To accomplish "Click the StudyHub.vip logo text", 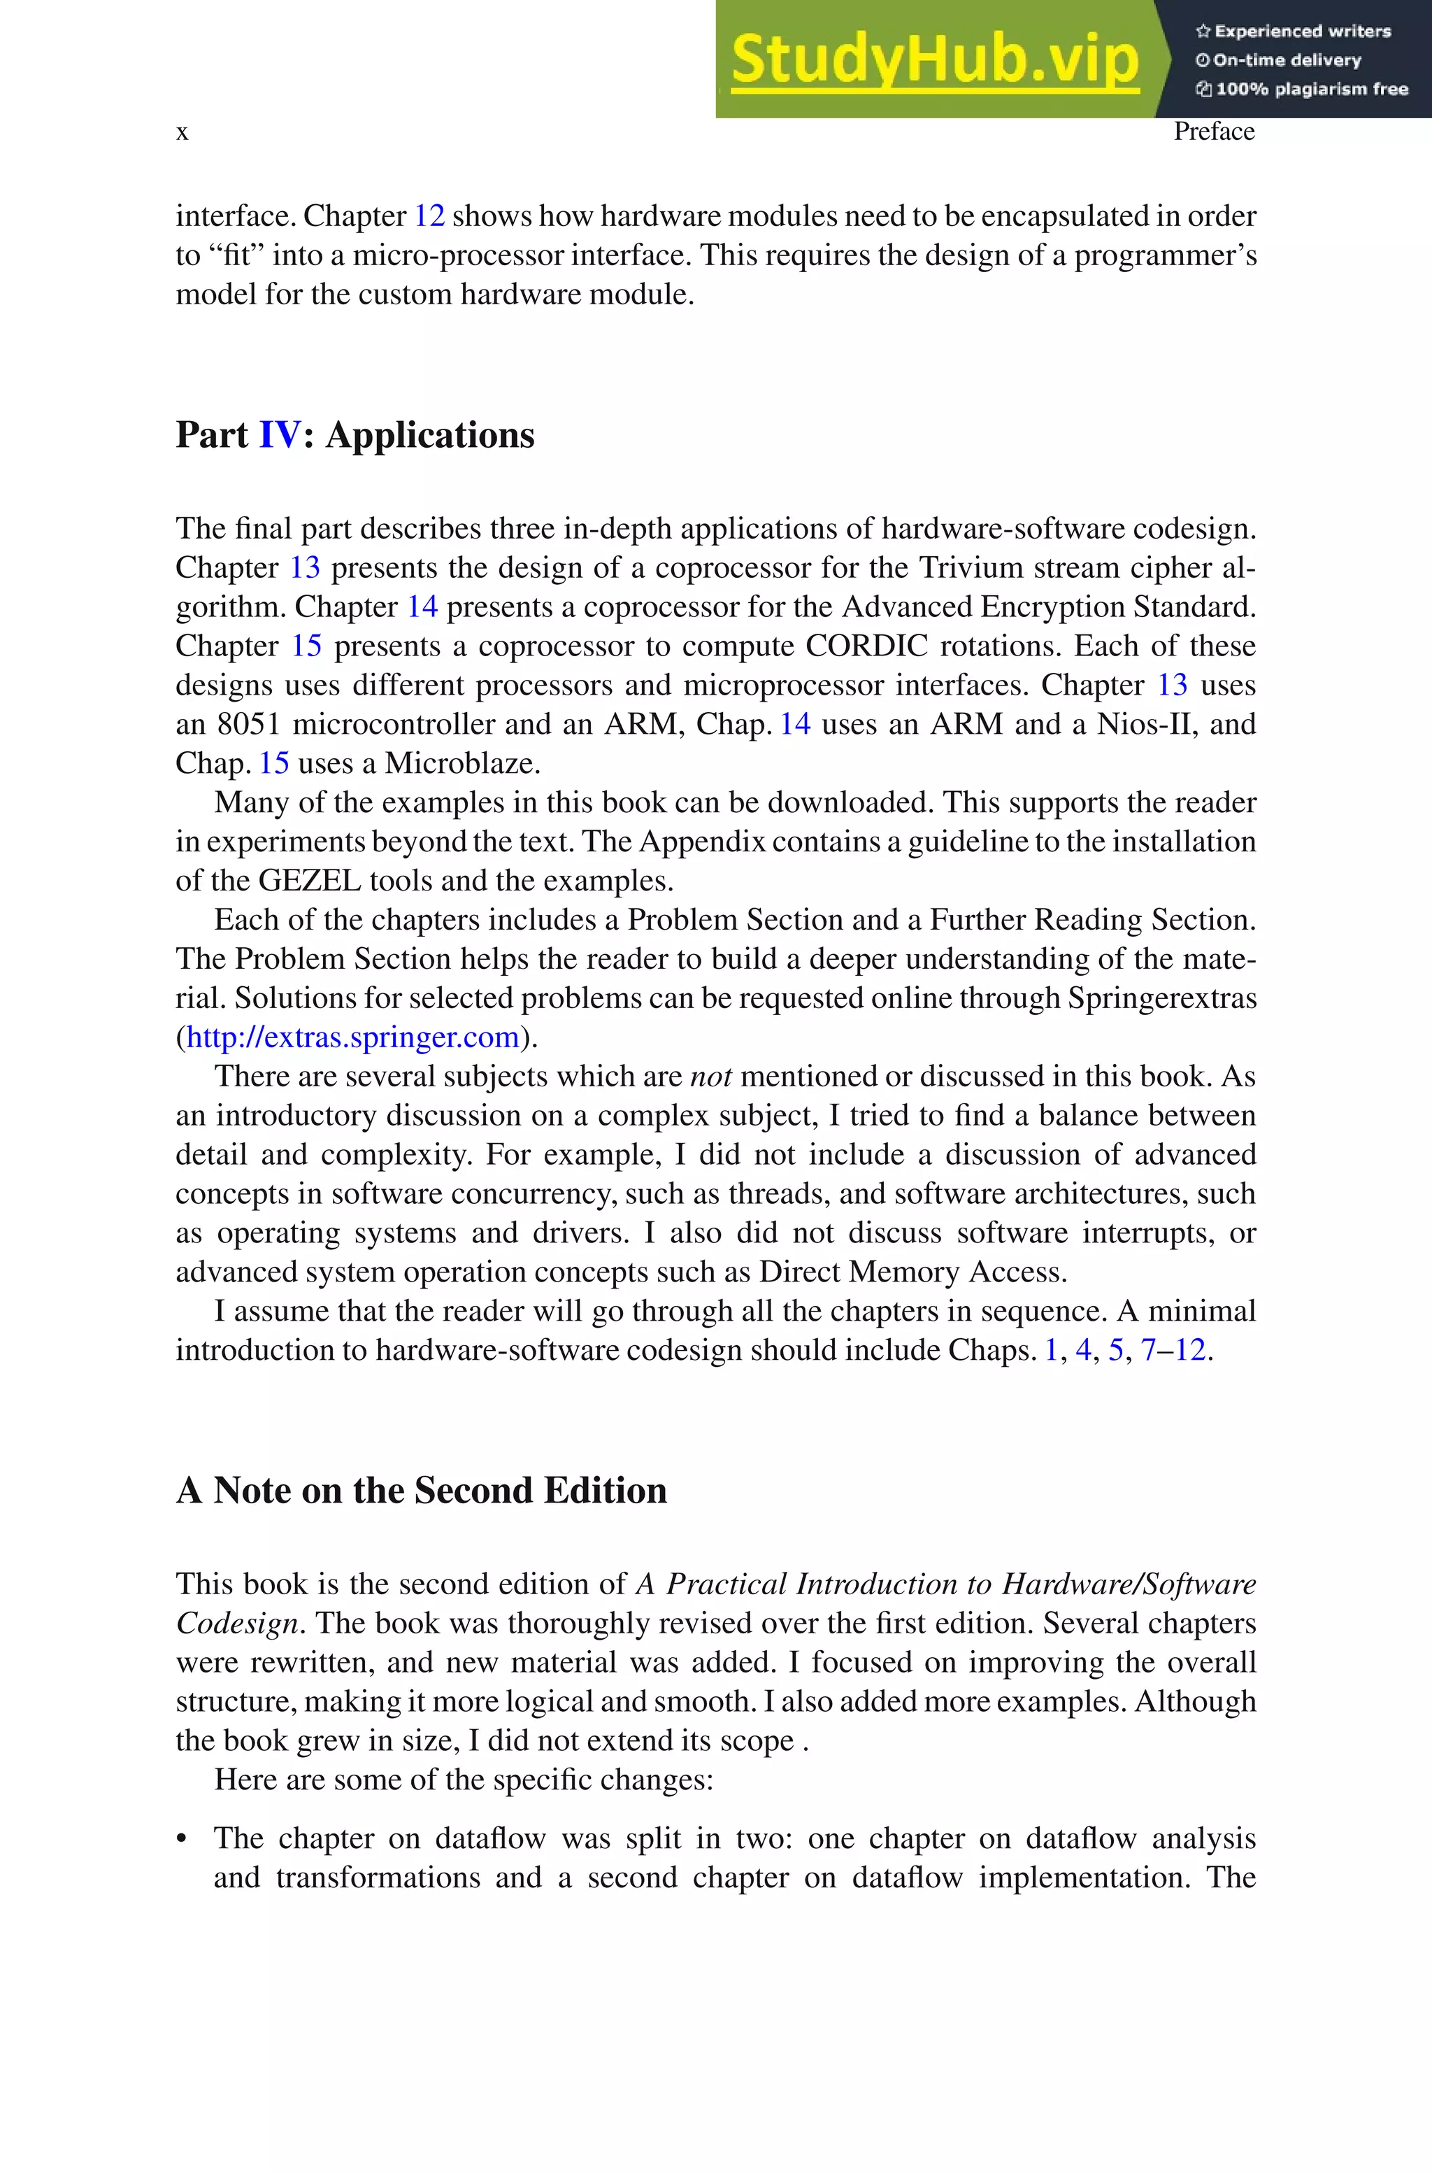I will [x=934, y=60].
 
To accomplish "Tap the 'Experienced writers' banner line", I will [x=1293, y=31].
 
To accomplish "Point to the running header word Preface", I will [x=1213, y=132].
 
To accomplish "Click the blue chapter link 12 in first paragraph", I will [x=429, y=216].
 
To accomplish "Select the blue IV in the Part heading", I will [x=278, y=435].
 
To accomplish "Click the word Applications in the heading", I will [x=429, y=435].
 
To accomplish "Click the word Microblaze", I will [x=462, y=764].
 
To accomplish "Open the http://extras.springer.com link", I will [x=352, y=1037].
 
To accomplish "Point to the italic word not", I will [x=710, y=1077].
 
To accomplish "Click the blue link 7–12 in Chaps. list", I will [x=1173, y=1350].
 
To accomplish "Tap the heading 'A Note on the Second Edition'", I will [x=421, y=1491].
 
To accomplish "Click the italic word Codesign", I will [x=236, y=1623].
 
